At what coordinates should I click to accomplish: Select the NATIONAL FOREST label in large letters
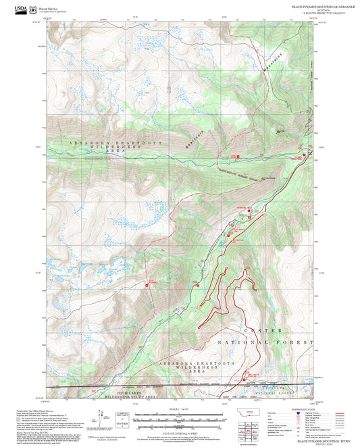(x=266, y=343)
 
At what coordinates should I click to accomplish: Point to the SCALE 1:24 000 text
(x=180, y=408)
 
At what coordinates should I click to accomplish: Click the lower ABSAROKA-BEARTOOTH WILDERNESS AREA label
(x=191, y=367)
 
